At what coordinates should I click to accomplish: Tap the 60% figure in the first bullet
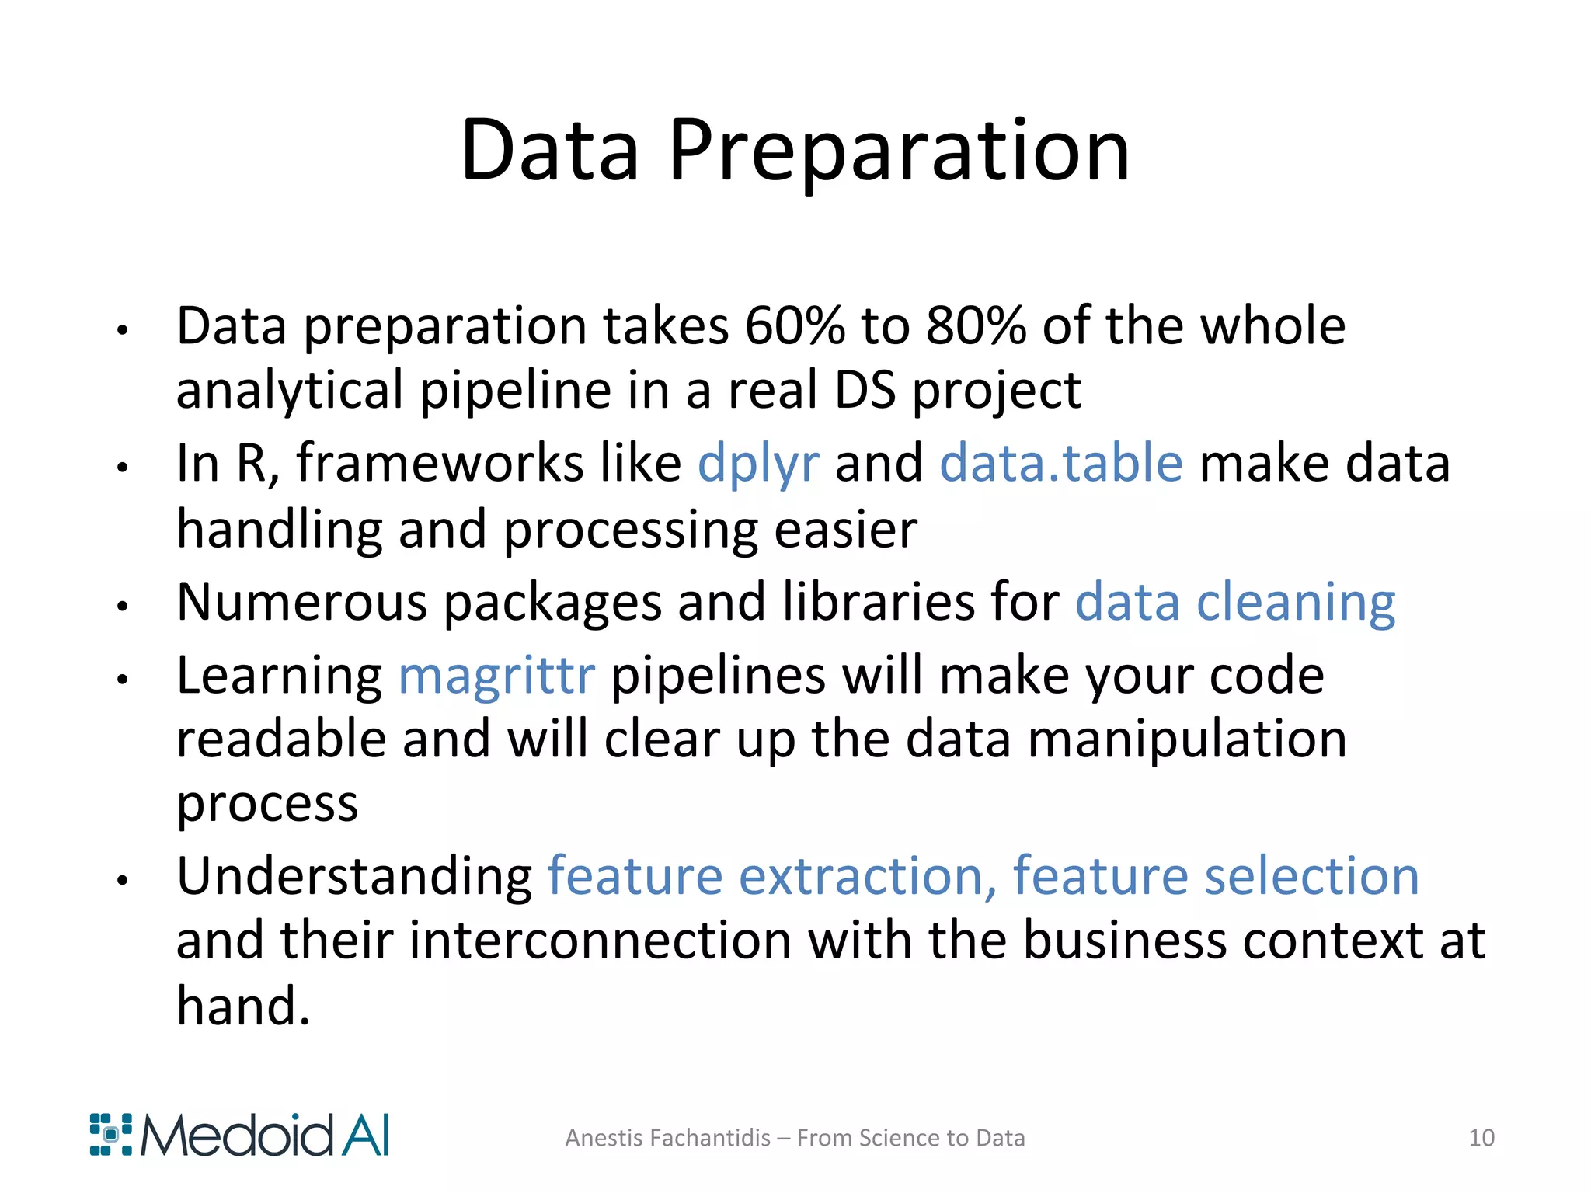click(794, 326)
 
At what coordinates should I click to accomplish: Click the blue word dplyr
click(758, 464)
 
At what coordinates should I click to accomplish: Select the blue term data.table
click(1061, 464)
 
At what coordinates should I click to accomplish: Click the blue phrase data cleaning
click(1235, 603)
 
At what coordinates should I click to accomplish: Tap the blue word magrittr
click(496, 676)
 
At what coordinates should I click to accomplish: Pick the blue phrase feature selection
click(1216, 877)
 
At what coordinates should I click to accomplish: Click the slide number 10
click(1481, 1138)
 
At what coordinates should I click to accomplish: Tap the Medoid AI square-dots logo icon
click(111, 1135)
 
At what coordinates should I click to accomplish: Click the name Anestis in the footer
click(604, 1138)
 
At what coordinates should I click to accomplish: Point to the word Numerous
click(301, 603)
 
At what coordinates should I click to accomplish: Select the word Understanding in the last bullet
click(354, 877)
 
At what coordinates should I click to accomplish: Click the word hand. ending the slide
click(243, 1006)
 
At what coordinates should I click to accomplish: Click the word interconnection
click(600, 941)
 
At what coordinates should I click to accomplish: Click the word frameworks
click(440, 464)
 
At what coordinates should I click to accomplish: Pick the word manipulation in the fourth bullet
click(1188, 739)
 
